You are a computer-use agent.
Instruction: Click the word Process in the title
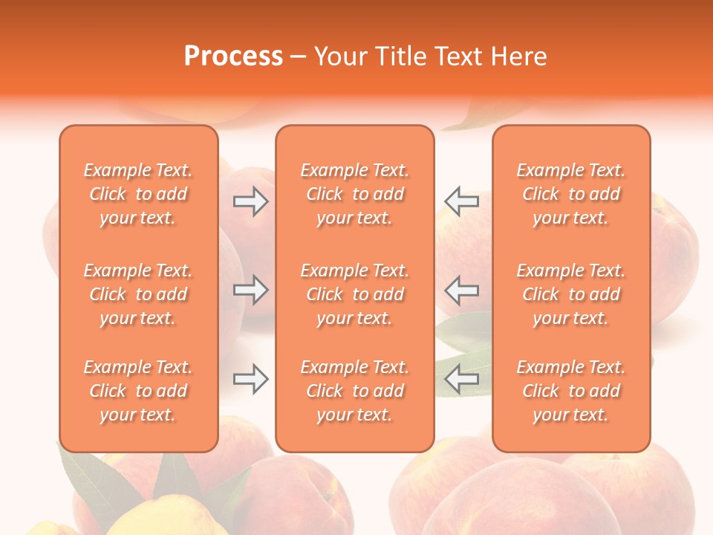233,56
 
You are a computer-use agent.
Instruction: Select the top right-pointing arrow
250,201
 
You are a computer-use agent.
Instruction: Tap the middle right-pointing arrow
250,290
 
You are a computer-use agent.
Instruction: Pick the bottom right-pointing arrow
250,380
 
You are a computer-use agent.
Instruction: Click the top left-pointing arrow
461,201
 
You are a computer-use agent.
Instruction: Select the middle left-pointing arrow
461,290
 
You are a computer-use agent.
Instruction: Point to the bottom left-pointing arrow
461,380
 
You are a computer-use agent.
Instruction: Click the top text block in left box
138,194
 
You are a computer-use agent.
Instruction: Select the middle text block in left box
138,294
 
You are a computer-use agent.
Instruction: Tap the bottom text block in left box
138,391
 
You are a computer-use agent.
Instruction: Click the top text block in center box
354,194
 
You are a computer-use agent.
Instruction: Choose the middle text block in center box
354,294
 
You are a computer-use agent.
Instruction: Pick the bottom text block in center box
354,391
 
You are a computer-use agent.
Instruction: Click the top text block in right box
570,194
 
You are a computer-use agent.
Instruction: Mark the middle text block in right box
570,294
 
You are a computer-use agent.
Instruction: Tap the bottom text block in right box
570,391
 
